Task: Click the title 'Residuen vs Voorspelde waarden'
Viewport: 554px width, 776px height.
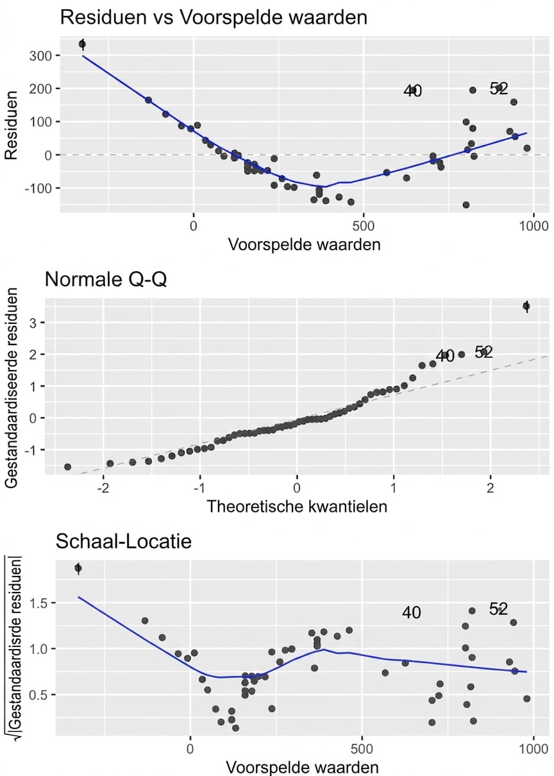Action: click(x=214, y=17)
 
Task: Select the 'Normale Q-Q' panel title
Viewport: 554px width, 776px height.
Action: click(x=105, y=280)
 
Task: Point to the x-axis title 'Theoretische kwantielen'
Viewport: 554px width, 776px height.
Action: click(x=297, y=507)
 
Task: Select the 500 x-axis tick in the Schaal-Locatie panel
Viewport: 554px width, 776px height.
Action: click(x=362, y=748)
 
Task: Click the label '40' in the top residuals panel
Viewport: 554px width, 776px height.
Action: click(x=412, y=91)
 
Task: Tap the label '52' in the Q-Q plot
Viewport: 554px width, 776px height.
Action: click(x=483, y=351)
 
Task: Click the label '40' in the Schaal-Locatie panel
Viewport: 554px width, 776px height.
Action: click(x=411, y=612)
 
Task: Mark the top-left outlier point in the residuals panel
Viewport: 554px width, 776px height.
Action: click(x=82, y=44)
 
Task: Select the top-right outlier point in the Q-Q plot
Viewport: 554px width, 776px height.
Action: click(x=526, y=307)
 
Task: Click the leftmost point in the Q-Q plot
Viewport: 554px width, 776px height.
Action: click(x=67, y=467)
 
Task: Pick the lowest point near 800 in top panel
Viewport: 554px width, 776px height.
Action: click(x=466, y=205)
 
